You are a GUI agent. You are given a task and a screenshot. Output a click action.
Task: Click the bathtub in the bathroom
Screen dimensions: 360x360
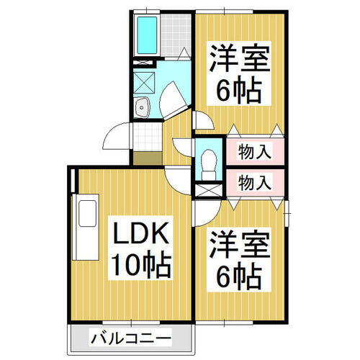point(147,35)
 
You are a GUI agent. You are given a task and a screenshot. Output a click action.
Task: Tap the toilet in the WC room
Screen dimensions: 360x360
point(209,164)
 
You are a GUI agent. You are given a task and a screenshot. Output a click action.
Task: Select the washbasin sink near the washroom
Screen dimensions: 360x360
point(142,107)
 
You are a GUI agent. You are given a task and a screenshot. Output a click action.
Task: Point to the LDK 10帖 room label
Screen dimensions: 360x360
point(140,248)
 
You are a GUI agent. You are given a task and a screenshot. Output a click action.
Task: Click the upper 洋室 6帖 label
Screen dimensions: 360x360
point(239,73)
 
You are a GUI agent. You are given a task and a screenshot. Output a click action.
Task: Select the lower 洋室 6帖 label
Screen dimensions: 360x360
point(239,260)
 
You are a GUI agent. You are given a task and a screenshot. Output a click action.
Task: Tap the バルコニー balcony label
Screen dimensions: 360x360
point(131,338)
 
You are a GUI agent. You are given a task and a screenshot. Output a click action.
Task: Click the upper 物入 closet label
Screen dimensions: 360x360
point(255,151)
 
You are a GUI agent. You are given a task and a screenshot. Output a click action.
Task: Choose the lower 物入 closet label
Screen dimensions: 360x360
point(255,182)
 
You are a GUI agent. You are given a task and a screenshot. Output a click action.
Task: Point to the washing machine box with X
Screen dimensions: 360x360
point(144,83)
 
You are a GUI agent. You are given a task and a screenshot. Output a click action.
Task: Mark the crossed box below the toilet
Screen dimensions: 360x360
point(208,190)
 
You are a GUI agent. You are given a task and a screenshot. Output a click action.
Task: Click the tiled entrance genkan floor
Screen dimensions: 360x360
point(148,137)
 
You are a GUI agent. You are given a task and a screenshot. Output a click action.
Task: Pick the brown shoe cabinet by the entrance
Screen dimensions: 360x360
point(148,158)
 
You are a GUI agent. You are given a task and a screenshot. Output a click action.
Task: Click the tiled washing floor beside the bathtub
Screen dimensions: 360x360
point(176,35)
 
